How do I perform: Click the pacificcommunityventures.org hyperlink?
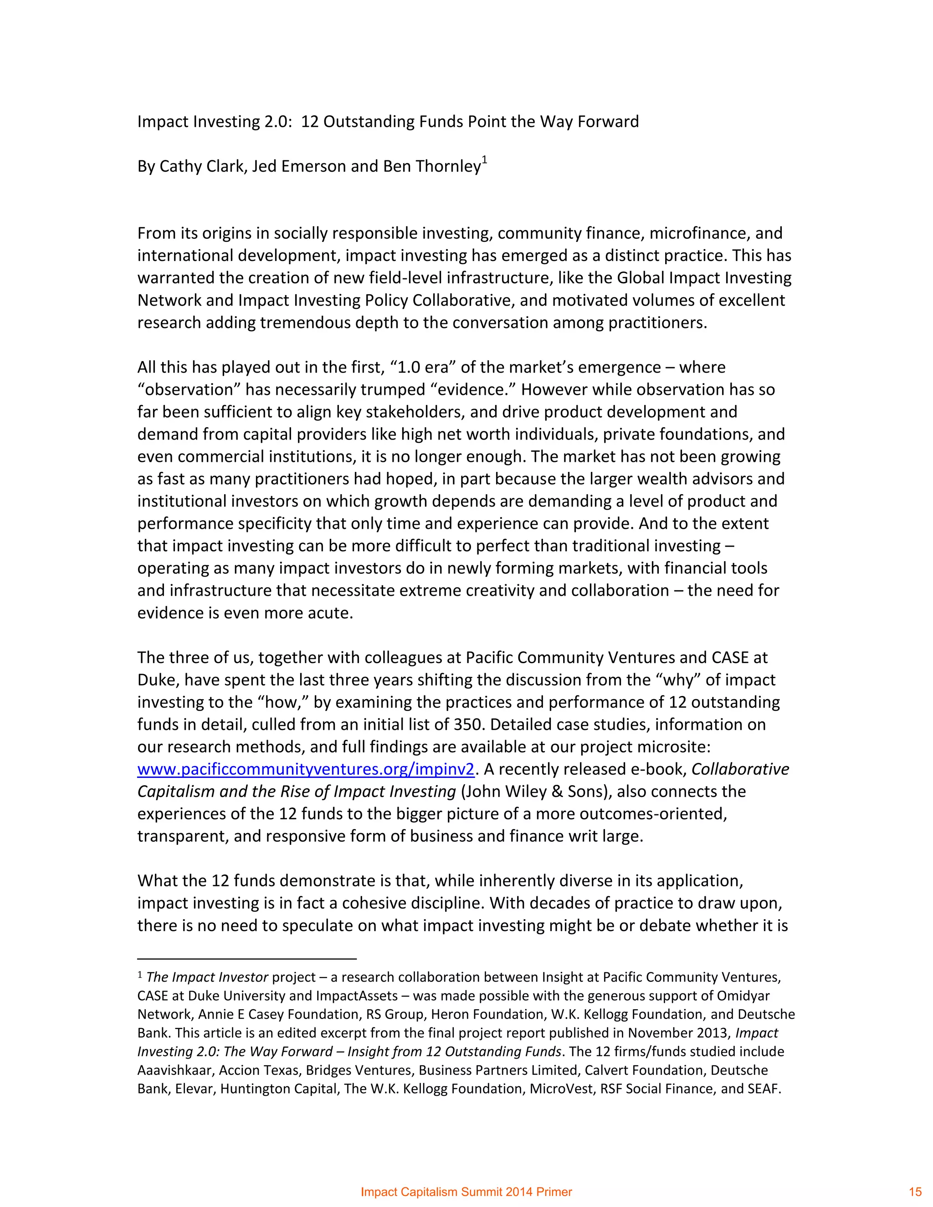click(x=306, y=769)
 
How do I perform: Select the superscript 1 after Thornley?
click(x=484, y=160)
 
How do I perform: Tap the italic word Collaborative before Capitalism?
click(x=740, y=769)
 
